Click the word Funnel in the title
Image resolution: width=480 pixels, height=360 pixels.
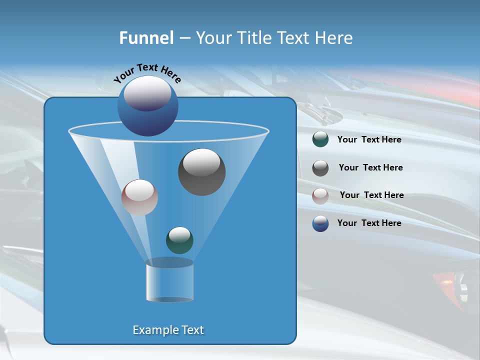click(146, 38)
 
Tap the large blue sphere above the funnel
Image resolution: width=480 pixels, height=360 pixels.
click(148, 106)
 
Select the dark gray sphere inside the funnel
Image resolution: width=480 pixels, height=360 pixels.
click(201, 172)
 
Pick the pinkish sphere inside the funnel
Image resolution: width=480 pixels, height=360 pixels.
click(139, 197)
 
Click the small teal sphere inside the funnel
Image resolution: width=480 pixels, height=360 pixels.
click(179, 240)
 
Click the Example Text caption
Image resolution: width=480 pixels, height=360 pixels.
click(168, 330)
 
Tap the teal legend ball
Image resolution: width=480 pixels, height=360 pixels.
click(320, 139)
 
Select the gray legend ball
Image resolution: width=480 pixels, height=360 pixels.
click(320, 167)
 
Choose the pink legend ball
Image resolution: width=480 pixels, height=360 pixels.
click(320, 195)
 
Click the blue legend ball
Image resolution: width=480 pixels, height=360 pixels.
click(320, 223)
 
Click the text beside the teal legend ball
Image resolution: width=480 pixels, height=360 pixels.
click(369, 140)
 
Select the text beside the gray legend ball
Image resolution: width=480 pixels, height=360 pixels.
click(370, 168)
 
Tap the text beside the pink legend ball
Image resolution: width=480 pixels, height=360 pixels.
click(371, 195)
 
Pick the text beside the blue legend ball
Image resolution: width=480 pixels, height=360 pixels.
click(369, 223)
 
